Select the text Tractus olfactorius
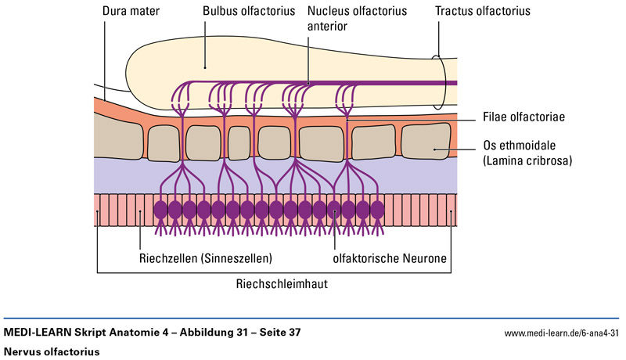point(483,12)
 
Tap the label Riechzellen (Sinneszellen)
point(206,256)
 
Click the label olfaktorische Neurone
point(388,256)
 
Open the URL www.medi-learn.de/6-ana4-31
point(562,333)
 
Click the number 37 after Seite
point(293,333)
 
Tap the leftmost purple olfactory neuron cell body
point(161,210)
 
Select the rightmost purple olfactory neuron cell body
point(377,210)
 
